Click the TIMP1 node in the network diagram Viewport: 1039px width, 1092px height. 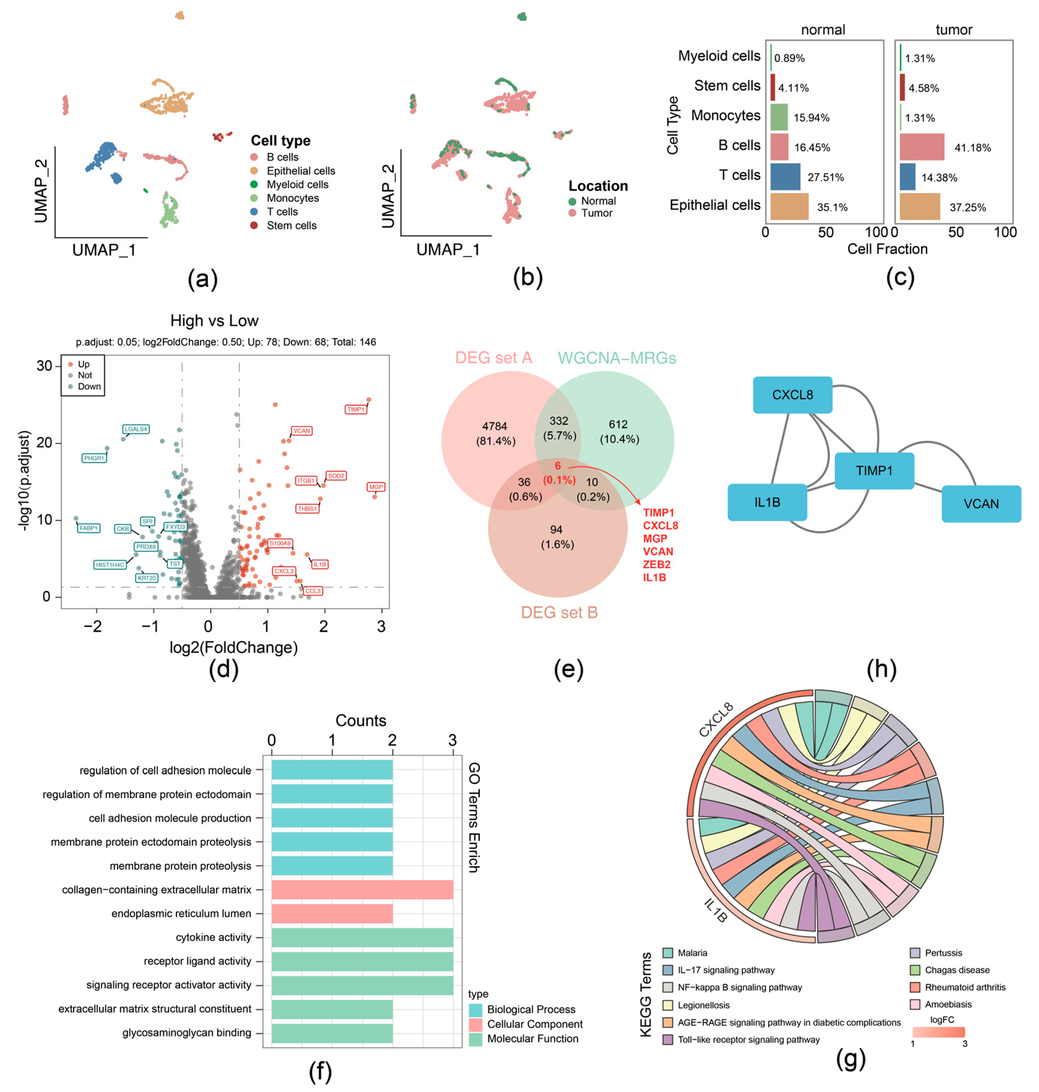pyautogui.click(x=874, y=471)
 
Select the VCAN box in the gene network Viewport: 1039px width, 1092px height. pyautogui.click(x=981, y=504)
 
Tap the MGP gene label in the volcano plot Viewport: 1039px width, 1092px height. pyautogui.click(x=375, y=487)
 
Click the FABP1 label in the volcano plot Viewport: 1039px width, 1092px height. pyautogui.click(x=89, y=528)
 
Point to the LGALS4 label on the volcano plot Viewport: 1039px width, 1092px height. pyautogui.click(x=136, y=429)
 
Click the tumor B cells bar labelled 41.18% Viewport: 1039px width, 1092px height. pyautogui.click(x=922, y=147)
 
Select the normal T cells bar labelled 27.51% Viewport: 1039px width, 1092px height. pyautogui.click(x=785, y=177)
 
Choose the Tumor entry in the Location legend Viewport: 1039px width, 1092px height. pyautogui.click(x=596, y=213)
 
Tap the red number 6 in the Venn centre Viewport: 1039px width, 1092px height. pyautogui.click(x=558, y=466)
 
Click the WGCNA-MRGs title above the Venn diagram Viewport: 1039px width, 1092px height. pyautogui.click(x=617, y=358)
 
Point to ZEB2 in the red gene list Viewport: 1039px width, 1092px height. pyautogui.click(x=656, y=564)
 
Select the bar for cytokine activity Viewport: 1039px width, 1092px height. pyautogui.click(x=362, y=937)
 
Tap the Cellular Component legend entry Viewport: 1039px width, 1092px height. pyautogui.click(x=535, y=1024)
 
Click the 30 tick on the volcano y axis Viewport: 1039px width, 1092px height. pyautogui.click(x=44, y=366)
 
